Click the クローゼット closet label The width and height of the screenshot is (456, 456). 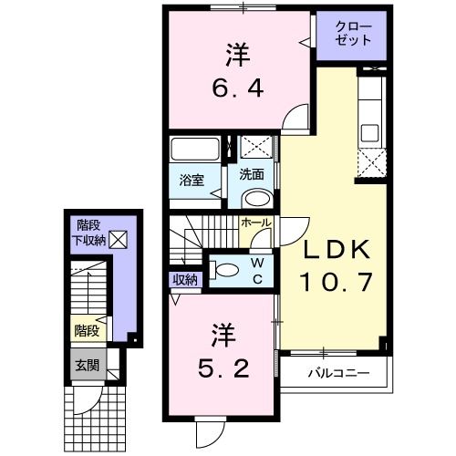(354, 33)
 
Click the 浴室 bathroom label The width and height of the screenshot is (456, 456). (192, 180)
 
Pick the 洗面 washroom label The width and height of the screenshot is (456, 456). (252, 173)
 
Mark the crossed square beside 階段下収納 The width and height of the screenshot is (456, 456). (119, 240)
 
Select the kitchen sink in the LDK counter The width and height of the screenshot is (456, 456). (371, 131)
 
